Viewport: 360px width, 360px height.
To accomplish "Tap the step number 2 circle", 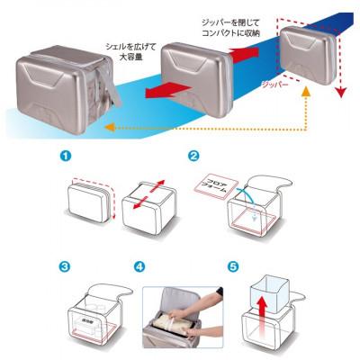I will tap(194, 156).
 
